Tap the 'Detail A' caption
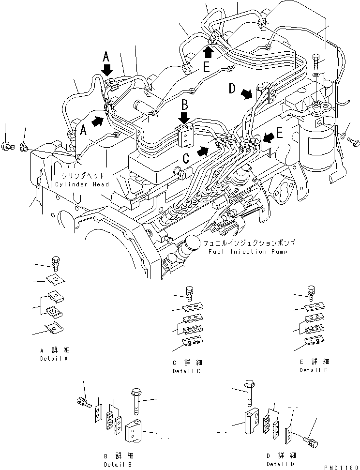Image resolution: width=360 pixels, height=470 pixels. (54, 359)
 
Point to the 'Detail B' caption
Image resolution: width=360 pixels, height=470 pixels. (119, 464)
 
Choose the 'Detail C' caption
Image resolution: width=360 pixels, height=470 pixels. (186, 371)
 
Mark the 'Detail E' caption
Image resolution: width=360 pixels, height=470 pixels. (314, 370)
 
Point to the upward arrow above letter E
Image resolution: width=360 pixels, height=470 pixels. (208, 51)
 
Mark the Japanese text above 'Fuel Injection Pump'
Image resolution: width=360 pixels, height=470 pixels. (249, 243)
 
